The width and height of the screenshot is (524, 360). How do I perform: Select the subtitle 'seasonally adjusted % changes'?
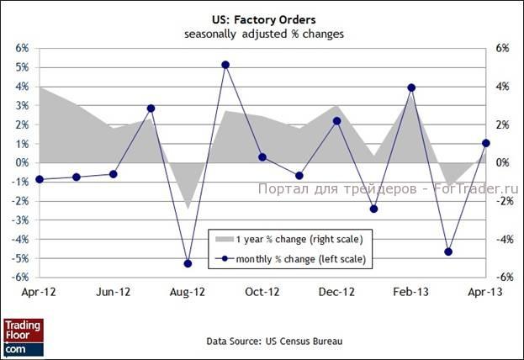pyautogui.click(x=262, y=34)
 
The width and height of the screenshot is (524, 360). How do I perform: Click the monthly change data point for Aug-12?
pyautogui.click(x=188, y=263)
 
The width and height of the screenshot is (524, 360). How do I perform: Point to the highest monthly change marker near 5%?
pyautogui.click(x=225, y=65)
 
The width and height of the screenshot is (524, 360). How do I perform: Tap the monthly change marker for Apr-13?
pyautogui.click(x=485, y=143)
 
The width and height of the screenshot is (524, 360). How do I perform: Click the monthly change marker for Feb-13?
pyautogui.click(x=411, y=87)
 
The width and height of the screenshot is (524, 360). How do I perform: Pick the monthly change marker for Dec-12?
pyautogui.click(x=336, y=121)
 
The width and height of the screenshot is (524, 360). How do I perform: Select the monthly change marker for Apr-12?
pyautogui.click(x=40, y=179)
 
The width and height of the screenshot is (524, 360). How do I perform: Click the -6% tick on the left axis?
pyautogui.click(x=22, y=278)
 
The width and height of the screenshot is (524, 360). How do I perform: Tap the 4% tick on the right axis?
pyautogui.click(x=502, y=87)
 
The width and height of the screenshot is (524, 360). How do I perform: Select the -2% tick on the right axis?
pyautogui.click(x=503, y=201)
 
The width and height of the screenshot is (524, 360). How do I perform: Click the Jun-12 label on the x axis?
pyautogui.click(x=114, y=293)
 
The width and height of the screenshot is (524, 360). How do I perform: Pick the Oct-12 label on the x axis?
pyautogui.click(x=262, y=293)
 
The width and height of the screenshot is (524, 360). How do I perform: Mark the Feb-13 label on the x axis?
pyautogui.click(x=411, y=293)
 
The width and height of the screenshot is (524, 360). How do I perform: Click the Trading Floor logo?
pyautogui.click(x=23, y=336)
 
